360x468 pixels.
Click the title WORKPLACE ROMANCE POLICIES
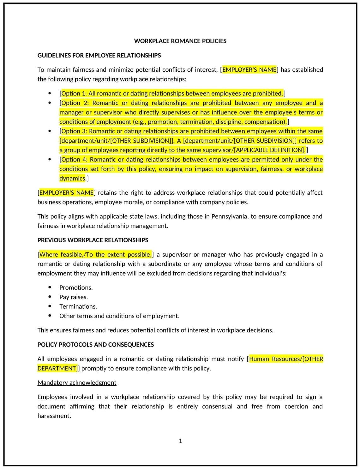180,41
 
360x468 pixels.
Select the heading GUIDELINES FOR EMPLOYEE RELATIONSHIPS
99,56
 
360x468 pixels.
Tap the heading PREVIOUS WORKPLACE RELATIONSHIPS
93,240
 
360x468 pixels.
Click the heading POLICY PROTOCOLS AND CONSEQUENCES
95,345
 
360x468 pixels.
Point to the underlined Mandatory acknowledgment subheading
77,383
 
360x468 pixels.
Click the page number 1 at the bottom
180,441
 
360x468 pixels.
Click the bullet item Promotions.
76,288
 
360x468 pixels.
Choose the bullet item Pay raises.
74,297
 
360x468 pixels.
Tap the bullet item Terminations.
78,307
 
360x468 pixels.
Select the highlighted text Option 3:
74,131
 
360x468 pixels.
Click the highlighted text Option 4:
74,160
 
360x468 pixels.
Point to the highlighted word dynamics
72,179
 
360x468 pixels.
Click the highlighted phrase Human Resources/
274,359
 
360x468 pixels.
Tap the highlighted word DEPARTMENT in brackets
57,369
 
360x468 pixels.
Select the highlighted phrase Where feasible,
60,255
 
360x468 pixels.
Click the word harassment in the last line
53,416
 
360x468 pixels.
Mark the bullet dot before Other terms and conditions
50,316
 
